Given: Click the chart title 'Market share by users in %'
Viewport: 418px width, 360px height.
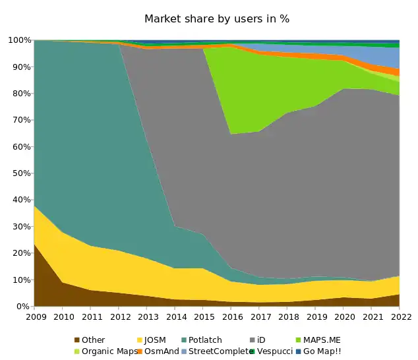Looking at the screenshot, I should (217, 18).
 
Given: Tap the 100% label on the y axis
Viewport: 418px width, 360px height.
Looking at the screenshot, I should (18, 40).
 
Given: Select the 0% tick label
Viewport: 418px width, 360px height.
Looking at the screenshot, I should (22, 307).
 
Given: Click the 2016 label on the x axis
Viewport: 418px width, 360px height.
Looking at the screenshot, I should (231, 317).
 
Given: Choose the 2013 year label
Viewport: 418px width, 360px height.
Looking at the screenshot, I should (146, 317).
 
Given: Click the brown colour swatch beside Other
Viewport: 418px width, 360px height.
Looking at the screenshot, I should (77, 340).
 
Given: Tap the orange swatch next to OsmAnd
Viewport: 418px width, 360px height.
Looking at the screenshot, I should (140, 351).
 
